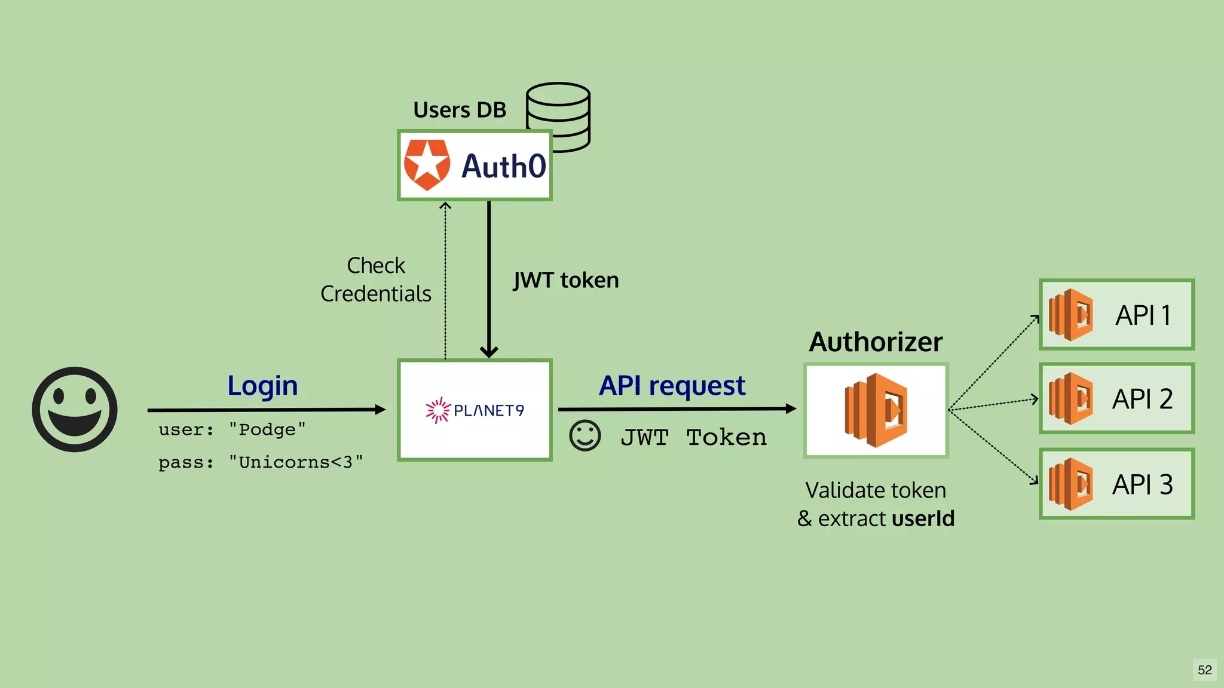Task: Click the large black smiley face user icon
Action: [75, 410]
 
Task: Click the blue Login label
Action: [262, 386]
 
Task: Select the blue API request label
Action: [672, 386]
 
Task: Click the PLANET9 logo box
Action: [475, 410]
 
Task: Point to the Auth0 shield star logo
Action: [427, 165]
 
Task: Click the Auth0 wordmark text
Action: [503, 166]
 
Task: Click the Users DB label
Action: [460, 110]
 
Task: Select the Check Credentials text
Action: [376, 279]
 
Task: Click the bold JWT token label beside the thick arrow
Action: [566, 280]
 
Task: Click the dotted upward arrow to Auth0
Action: [445, 281]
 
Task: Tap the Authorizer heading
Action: [876, 342]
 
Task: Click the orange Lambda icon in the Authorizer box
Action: [876, 410]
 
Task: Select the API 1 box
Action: [1116, 315]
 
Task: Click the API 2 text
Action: [1142, 399]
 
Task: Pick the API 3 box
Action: [1116, 484]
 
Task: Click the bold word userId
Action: [923, 518]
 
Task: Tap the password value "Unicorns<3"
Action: [296, 462]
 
